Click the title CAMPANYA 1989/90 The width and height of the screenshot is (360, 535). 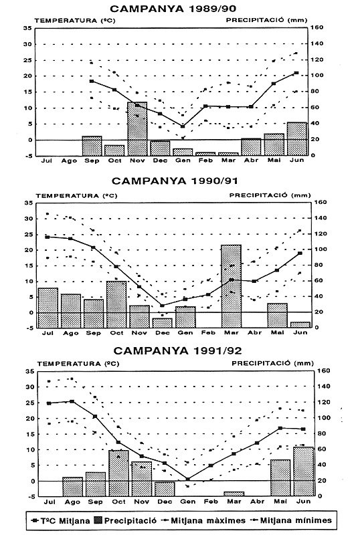[x=173, y=9]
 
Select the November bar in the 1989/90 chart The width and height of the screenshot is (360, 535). [x=137, y=128]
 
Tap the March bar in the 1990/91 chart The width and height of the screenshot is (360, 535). [x=232, y=286]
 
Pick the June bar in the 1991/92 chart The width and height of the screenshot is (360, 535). [x=304, y=471]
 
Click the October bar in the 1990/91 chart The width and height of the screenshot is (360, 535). [x=116, y=304]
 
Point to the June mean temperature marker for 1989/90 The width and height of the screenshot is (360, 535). [x=296, y=73]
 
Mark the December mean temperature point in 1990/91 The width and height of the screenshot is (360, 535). [x=162, y=306]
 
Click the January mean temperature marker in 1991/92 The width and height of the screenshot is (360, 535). [x=187, y=479]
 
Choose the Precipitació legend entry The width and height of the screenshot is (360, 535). [x=125, y=520]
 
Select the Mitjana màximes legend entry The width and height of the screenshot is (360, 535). [x=204, y=520]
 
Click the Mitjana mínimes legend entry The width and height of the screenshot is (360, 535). [x=291, y=520]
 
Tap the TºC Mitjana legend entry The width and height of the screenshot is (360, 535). [x=60, y=521]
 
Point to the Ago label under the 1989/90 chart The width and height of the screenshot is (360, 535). [x=69, y=160]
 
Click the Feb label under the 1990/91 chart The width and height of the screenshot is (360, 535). [x=208, y=332]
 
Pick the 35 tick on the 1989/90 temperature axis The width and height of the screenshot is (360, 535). [x=27, y=28]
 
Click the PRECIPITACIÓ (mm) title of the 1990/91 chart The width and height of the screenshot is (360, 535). [x=270, y=195]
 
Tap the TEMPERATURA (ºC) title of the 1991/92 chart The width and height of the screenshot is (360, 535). [x=78, y=364]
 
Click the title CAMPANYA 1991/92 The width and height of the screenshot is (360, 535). [x=177, y=350]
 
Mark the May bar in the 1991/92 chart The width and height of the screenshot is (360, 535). [x=280, y=477]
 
